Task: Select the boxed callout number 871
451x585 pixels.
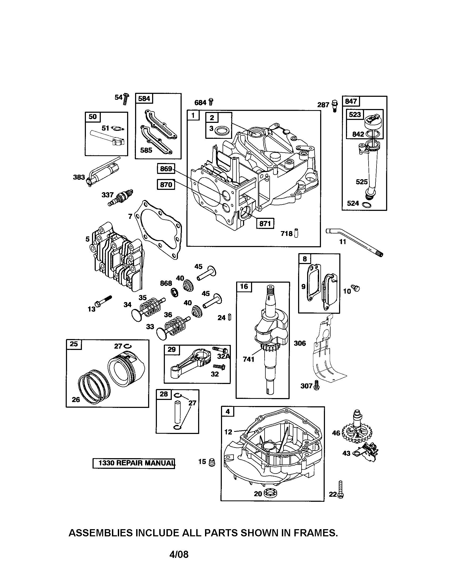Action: (x=265, y=223)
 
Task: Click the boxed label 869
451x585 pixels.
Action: (x=166, y=169)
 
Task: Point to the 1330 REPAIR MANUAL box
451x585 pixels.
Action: (x=134, y=463)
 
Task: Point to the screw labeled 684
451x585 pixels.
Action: (x=211, y=102)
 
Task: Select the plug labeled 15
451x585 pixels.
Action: (x=212, y=462)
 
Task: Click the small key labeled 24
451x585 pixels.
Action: (x=229, y=317)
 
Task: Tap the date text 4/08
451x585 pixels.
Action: (x=179, y=554)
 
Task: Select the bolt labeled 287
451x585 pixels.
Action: (x=335, y=106)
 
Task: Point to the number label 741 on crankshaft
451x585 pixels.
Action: (x=248, y=359)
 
